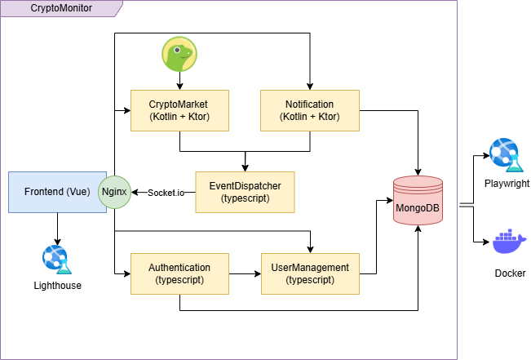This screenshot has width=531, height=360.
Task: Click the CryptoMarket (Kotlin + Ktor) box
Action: (x=179, y=110)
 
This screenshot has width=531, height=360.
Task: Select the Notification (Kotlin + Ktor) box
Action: (x=310, y=110)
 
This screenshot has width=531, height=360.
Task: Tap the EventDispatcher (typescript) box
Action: (x=245, y=192)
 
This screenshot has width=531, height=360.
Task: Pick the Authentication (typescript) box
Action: (x=179, y=273)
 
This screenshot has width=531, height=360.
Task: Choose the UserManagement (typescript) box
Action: (x=310, y=273)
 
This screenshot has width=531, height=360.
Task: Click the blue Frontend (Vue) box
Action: (x=54, y=192)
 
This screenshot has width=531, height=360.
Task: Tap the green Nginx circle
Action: (x=114, y=192)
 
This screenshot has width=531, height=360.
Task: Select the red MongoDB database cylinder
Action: (x=418, y=202)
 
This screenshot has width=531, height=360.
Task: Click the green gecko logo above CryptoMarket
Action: (x=179, y=54)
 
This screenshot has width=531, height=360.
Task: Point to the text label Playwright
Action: (x=507, y=184)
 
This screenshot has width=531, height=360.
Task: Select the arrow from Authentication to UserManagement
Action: (x=245, y=273)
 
